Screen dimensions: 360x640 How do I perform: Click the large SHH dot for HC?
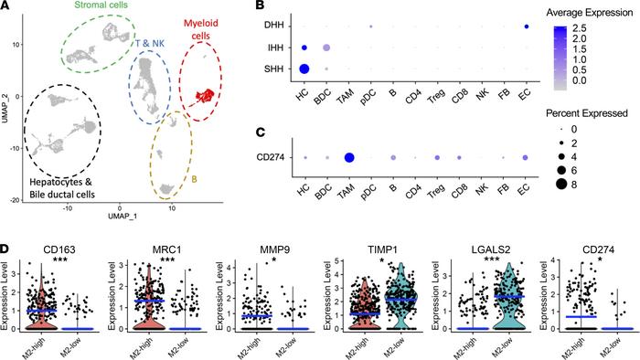[304, 69]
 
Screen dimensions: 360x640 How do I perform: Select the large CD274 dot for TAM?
[348, 158]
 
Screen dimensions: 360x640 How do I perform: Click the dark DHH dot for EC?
[528, 26]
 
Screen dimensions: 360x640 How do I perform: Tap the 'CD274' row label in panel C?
[270, 158]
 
